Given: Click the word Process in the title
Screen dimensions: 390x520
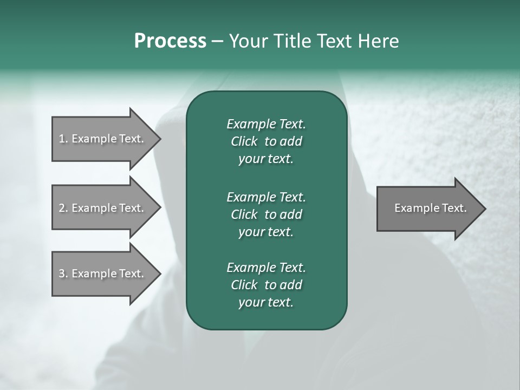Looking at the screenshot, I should (x=170, y=41).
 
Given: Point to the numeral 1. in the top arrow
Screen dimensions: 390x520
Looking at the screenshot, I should (x=63, y=139).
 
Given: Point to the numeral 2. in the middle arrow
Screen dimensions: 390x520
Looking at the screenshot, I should (x=63, y=208).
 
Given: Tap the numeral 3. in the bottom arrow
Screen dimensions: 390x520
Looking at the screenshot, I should (x=63, y=274).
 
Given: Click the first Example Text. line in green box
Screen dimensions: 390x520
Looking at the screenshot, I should (x=266, y=124).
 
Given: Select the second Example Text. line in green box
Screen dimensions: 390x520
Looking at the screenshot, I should (x=266, y=197).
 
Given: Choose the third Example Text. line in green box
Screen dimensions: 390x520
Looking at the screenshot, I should (x=266, y=267).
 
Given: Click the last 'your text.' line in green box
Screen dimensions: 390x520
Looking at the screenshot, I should (x=266, y=303).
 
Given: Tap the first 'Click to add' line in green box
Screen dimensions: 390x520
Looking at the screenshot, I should (x=266, y=141).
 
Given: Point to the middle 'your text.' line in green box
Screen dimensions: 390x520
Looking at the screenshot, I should (x=266, y=232).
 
